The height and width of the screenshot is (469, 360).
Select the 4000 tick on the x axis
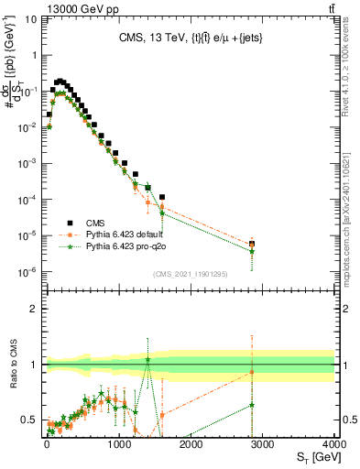[334, 444]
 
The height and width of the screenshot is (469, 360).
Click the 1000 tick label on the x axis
[118, 444]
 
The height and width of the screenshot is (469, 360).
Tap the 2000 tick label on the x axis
[191, 444]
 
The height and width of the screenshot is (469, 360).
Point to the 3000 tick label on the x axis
[263, 444]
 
